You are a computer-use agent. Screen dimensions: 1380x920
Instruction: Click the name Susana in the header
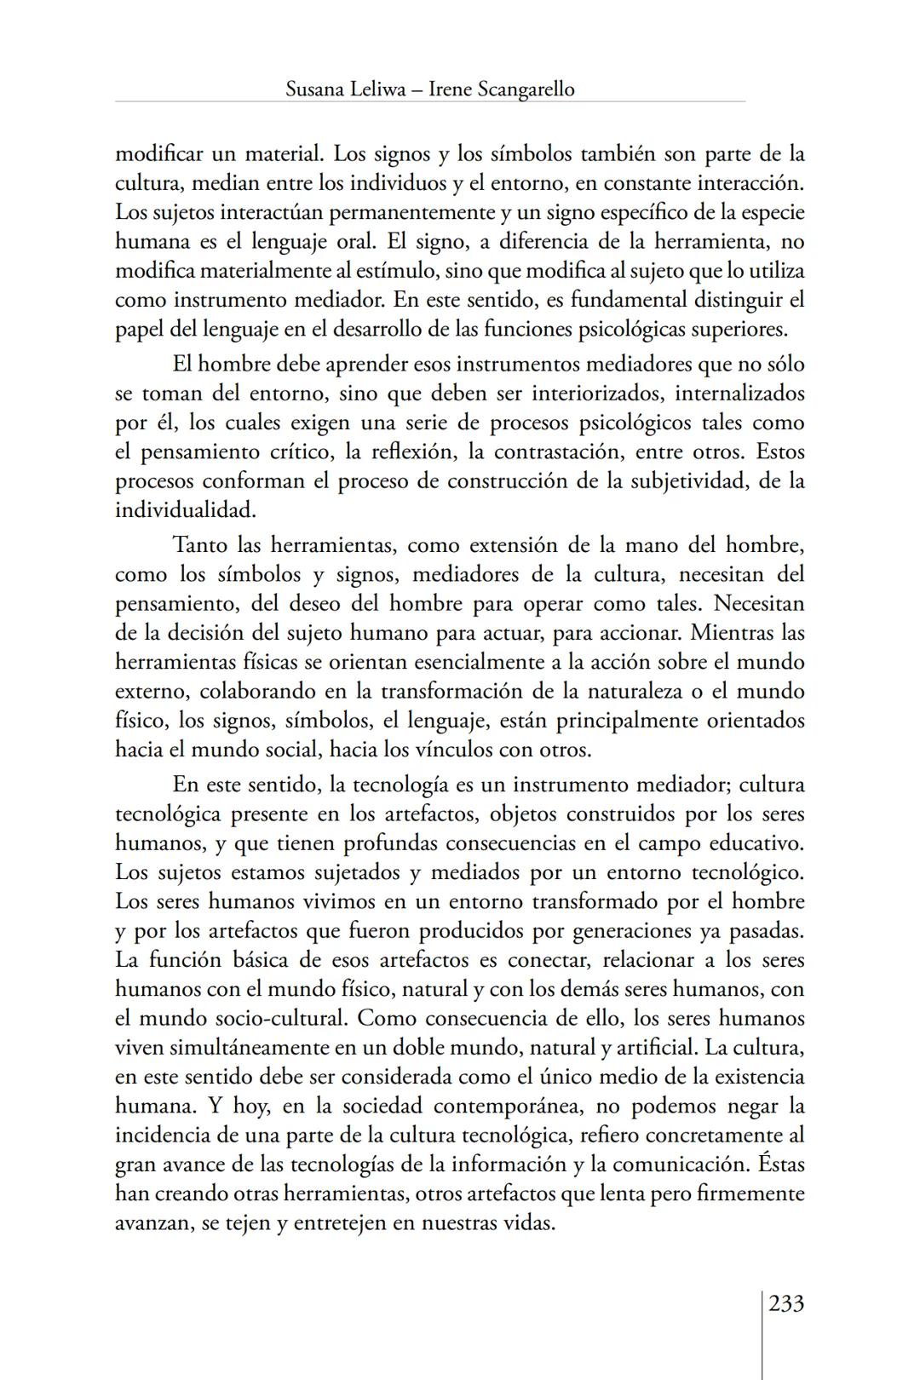pyautogui.click(x=315, y=89)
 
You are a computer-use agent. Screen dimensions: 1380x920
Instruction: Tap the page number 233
pyautogui.click(x=786, y=1303)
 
